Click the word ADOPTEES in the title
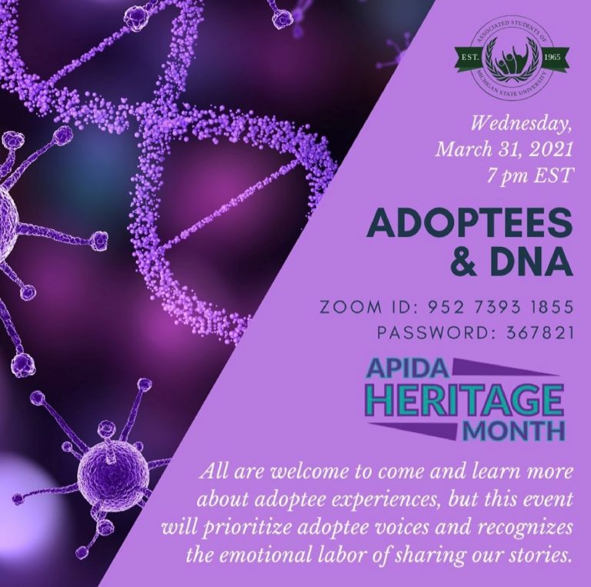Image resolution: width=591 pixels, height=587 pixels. pyautogui.click(x=469, y=225)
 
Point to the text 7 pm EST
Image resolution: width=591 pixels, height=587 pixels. pyautogui.click(x=528, y=175)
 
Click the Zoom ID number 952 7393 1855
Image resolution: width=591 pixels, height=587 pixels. pyautogui.click(x=500, y=307)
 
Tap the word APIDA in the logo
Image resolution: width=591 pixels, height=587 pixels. pyautogui.click(x=409, y=368)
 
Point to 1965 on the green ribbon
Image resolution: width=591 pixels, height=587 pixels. pyautogui.click(x=553, y=58)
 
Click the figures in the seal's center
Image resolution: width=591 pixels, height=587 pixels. pyautogui.click(x=513, y=61)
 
